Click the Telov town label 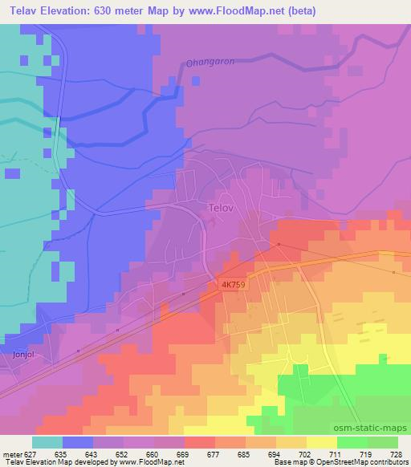(x=220, y=208)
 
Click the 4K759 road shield (x=229, y=284)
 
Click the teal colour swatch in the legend (x=47, y=441)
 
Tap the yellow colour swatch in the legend (x=322, y=441)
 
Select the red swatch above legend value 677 (x=200, y=441)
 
